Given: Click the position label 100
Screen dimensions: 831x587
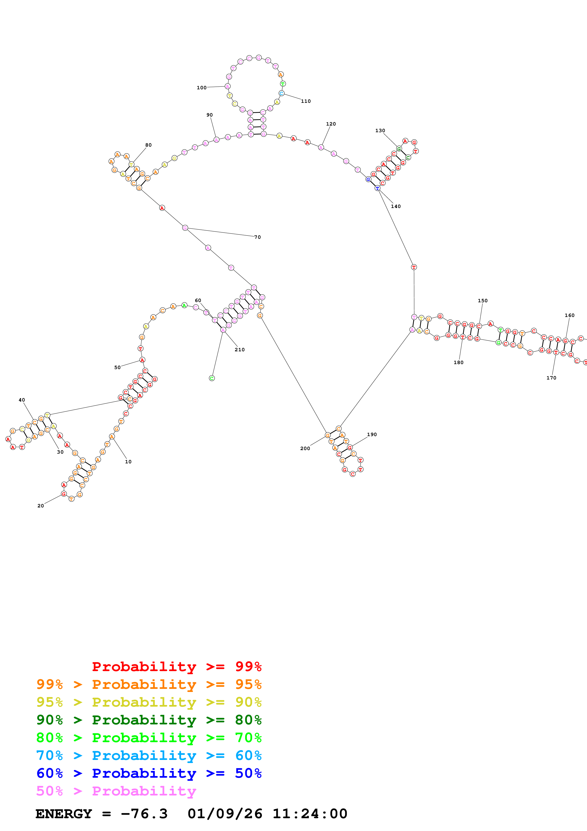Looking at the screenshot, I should [x=202, y=88].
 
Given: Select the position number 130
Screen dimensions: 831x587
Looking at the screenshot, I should [x=380, y=131].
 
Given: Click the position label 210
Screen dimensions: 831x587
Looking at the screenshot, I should [x=239, y=350].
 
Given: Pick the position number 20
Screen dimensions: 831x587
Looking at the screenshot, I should [x=40, y=506].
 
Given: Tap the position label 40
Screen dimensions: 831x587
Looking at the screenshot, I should [x=22, y=400].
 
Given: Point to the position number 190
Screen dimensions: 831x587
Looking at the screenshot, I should [x=372, y=434].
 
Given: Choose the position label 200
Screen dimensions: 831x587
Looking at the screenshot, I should [x=305, y=448].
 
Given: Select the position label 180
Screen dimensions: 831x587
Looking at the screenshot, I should [x=458, y=362].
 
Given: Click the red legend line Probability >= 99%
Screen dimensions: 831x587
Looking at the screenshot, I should [x=176, y=666].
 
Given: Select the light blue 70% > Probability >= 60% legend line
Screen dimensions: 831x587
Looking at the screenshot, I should [x=149, y=755].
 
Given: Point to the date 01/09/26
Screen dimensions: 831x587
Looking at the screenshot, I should [x=225, y=814].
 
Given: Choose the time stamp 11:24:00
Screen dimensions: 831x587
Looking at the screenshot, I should [x=309, y=814].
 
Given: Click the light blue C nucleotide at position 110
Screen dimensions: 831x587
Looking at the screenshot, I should [x=281, y=93].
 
